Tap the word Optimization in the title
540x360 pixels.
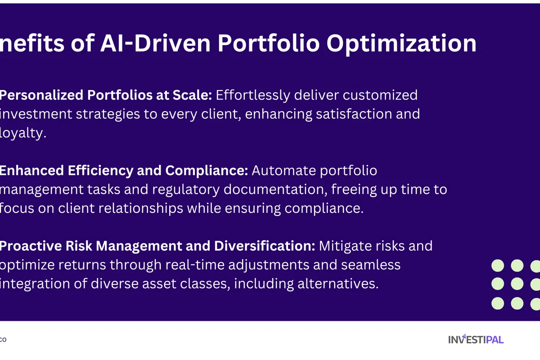(401, 44)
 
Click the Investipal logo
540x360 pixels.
(476, 339)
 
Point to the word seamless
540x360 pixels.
(371, 265)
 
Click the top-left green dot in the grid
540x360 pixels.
(498, 266)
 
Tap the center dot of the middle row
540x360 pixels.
(517, 284)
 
